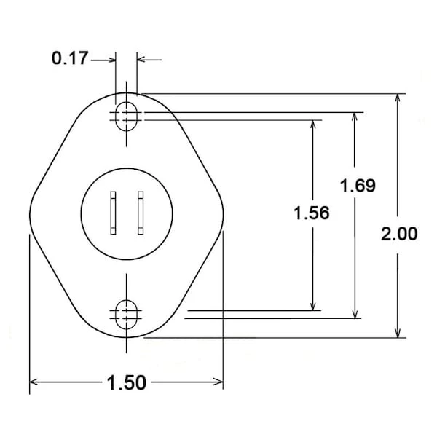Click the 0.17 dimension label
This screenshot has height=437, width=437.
coord(70,58)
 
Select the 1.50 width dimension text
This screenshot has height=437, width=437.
coord(127,382)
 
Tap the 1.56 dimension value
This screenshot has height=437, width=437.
coord(312,213)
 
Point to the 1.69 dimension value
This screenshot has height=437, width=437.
coord(358,186)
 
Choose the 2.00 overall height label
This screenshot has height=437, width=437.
coord(399,234)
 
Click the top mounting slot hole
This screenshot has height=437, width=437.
coord(127,117)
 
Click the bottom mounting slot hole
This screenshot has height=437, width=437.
coord(127,315)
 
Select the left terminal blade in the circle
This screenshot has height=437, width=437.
coord(113,213)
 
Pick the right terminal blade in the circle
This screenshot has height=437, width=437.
coord(141,213)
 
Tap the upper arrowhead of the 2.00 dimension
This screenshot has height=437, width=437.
coord(398,98)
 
